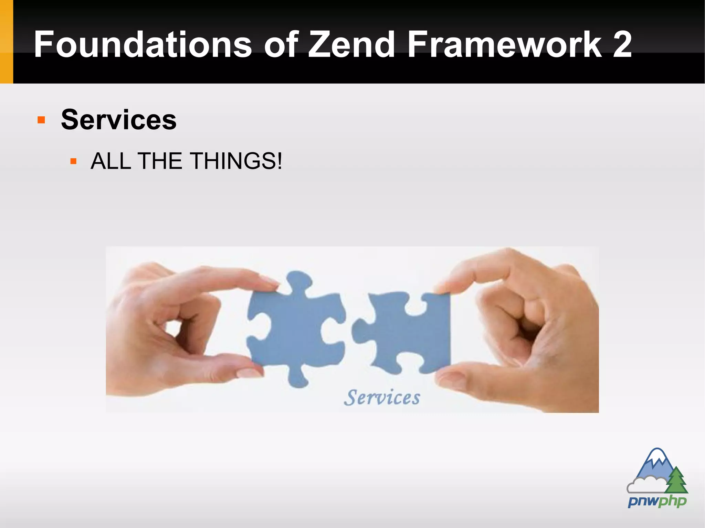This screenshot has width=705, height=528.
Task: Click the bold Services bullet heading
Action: click(119, 120)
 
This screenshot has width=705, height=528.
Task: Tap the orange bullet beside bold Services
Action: click(41, 120)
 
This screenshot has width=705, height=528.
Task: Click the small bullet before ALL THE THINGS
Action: click(73, 161)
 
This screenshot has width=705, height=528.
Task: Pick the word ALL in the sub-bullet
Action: click(111, 161)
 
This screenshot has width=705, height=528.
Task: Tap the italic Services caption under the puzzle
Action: click(382, 398)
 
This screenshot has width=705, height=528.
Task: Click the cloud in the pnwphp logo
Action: click(644, 485)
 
